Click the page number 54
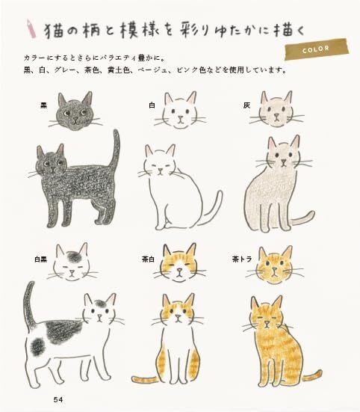click(x=58, y=399)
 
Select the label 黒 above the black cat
click(x=43, y=106)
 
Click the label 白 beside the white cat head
click(x=152, y=106)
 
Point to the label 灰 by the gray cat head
click(x=246, y=105)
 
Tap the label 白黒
click(x=40, y=259)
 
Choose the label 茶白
click(x=147, y=259)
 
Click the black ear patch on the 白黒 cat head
click(x=74, y=258)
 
